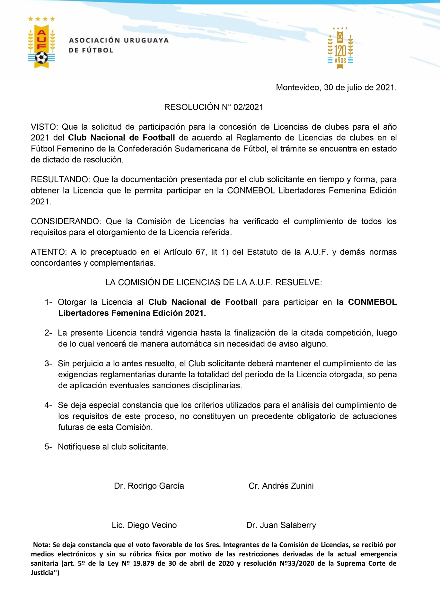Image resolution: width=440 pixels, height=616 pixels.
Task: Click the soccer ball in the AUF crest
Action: (41, 58)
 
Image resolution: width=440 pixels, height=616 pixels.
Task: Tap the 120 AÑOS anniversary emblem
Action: (340, 48)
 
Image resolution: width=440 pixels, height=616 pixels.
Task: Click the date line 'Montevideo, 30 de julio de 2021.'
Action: (336, 88)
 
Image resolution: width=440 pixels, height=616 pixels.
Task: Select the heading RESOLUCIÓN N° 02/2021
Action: (214, 107)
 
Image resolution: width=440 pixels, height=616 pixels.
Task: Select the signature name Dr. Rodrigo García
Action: (149, 486)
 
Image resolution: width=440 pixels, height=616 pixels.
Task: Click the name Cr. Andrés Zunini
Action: (281, 486)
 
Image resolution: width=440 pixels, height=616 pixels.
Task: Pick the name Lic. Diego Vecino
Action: (144, 525)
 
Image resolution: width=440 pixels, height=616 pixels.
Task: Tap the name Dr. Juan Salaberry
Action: (281, 525)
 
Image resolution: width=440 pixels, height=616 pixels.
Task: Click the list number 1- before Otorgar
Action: (48, 302)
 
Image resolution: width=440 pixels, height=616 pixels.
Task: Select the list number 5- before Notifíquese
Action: (48, 447)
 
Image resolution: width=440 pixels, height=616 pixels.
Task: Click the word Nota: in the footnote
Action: (42, 545)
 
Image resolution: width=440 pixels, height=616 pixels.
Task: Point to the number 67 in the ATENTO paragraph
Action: (200, 252)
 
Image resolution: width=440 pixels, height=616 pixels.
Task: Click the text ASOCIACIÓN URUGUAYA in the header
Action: (119, 40)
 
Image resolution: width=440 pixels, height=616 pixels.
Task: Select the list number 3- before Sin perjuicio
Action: (48, 364)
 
